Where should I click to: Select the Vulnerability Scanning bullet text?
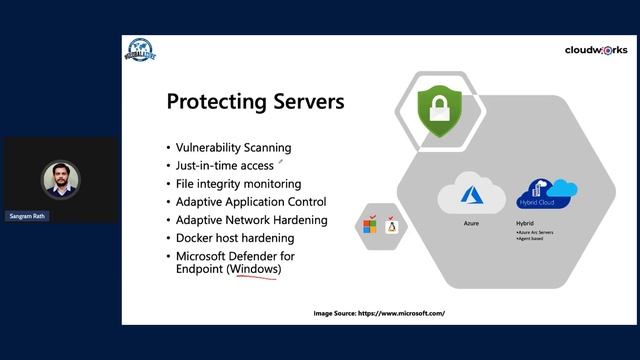tap(233, 147)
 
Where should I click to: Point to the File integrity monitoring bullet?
tap(238, 183)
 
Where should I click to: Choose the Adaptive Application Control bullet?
tap(250, 201)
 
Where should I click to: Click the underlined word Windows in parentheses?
tap(254, 269)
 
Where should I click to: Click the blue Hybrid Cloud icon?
tap(545, 194)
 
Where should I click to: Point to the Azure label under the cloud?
tap(471, 223)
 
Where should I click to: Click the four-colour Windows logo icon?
tap(370, 226)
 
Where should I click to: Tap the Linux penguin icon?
tap(392, 226)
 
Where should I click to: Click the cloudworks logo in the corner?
tap(596, 49)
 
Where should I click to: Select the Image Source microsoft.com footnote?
tap(379, 313)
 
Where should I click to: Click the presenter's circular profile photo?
tap(60, 178)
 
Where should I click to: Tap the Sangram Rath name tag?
tap(28, 215)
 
